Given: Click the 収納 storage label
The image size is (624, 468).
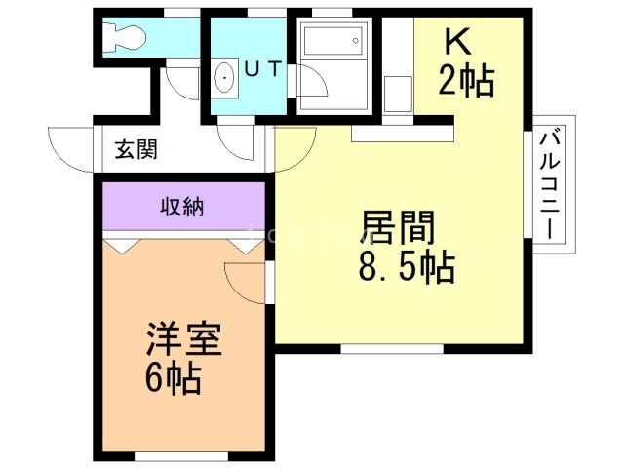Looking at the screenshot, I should (181, 207).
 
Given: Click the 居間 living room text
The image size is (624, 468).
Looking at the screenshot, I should (397, 230).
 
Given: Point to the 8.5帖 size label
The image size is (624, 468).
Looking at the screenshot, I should (406, 267).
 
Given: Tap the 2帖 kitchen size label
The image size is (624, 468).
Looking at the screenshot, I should (466, 80).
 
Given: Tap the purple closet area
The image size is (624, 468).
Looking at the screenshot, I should (181, 207).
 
